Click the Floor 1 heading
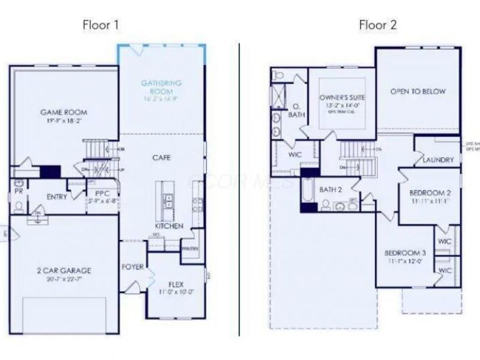coord(101,25)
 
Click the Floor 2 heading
coord(377,25)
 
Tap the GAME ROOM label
coord(64,112)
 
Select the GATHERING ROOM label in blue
coord(161,86)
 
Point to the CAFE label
coord(161,158)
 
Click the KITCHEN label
coord(169,226)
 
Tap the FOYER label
coord(133,266)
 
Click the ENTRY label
coord(56,197)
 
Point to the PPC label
coord(101,193)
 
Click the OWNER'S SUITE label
coord(342,97)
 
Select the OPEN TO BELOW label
coord(418,92)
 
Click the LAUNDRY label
coord(438,160)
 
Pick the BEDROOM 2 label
coord(430,193)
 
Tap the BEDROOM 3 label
coord(405,253)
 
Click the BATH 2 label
coord(330,190)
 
